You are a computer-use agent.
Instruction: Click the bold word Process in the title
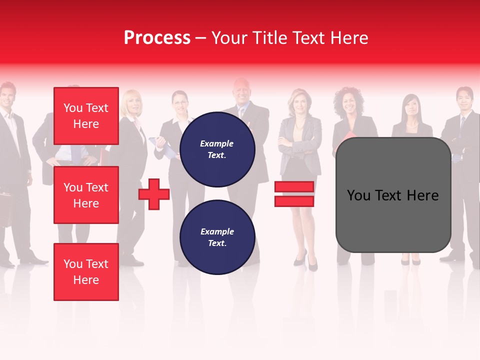[157, 38]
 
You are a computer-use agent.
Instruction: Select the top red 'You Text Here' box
[86, 116]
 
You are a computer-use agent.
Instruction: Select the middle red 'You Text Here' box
[86, 195]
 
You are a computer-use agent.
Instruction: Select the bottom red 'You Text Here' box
[86, 272]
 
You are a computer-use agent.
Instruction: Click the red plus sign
[154, 194]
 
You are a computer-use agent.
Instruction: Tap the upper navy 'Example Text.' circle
[217, 149]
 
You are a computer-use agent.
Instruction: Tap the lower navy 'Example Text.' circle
[217, 237]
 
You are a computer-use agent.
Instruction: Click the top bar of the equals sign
[294, 187]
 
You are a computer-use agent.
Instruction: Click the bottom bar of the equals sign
[294, 201]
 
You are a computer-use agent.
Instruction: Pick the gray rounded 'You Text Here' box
[393, 195]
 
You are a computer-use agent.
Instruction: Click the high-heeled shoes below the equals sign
[306, 261]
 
